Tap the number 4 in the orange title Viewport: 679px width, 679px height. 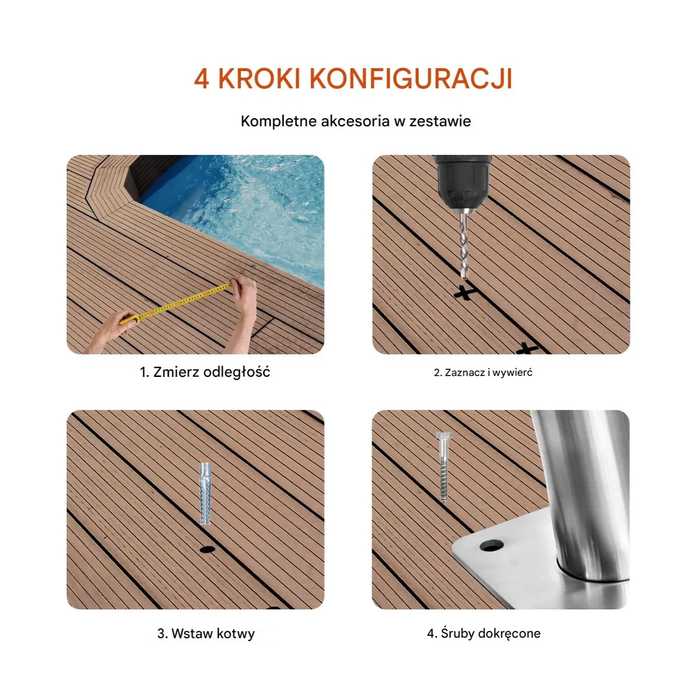coord(202,78)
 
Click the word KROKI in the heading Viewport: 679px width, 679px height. coord(259,78)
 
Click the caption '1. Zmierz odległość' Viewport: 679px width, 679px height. coord(205,372)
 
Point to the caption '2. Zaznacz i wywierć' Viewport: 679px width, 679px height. coord(483,373)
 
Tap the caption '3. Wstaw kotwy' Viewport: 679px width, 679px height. coord(206,633)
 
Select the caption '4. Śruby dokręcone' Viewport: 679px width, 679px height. coord(484,633)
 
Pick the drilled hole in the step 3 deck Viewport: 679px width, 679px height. coord(207,549)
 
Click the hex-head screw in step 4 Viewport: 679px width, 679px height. coord(443,466)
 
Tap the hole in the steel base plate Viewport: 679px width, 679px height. coord(491,546)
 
